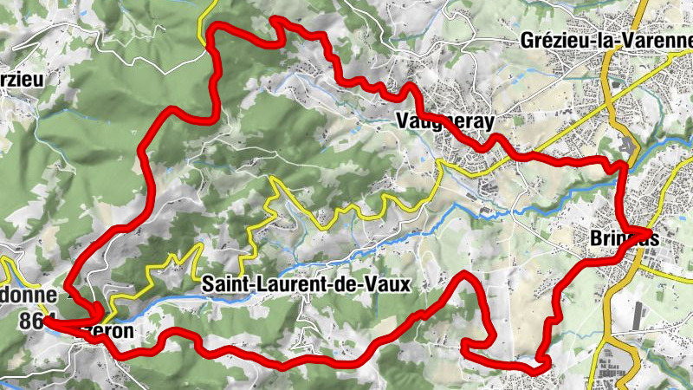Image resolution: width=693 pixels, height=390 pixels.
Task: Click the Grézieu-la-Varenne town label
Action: [606, 40]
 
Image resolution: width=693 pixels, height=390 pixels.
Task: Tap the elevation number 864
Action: [35, 320]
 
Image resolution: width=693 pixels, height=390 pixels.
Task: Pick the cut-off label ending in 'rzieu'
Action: [22, 79]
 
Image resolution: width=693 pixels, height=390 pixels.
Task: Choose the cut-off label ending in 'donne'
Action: [28, 295]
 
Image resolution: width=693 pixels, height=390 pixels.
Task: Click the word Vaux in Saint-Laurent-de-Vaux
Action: [387, 283]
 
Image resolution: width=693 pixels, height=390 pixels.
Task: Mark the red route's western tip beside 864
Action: [46, 320]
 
